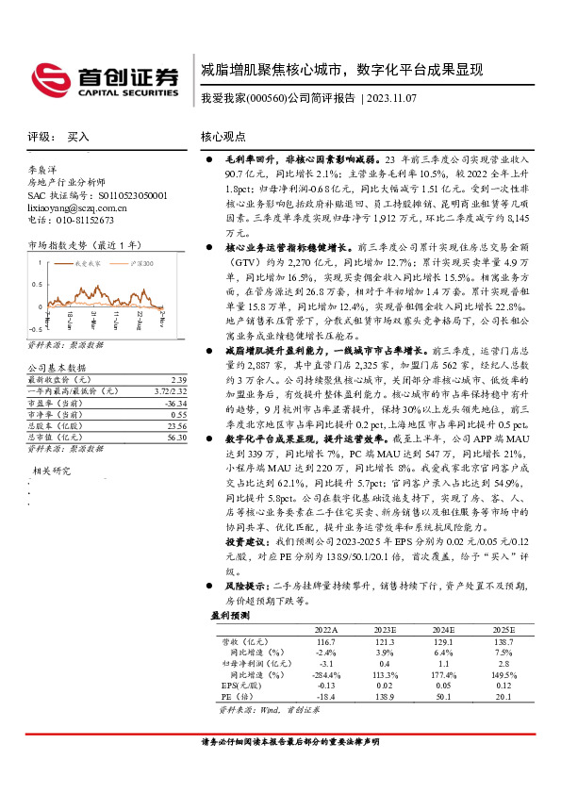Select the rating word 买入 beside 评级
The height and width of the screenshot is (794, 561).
[78, 137]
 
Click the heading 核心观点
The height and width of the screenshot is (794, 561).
[223, 137]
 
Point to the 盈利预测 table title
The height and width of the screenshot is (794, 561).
[230, 616]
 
